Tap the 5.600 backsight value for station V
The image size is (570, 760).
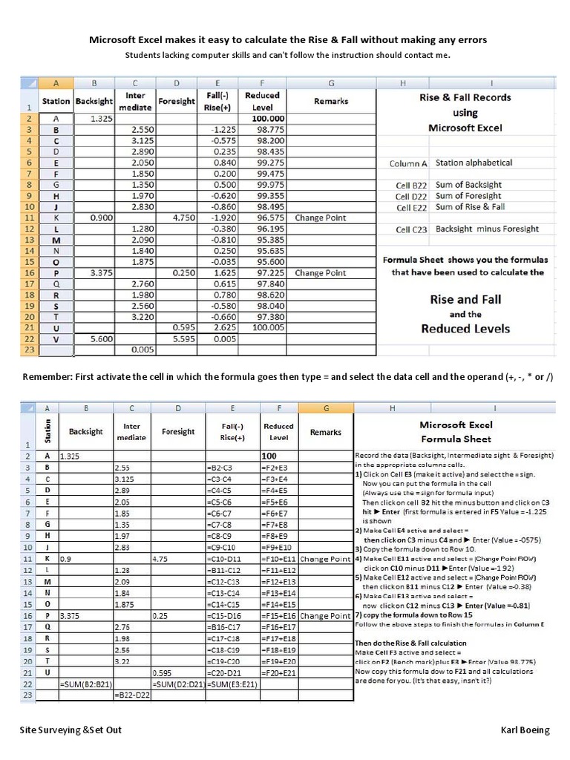(101, 338)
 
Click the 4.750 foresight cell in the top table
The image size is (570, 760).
(183, 218)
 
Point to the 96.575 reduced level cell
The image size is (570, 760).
(269, 218)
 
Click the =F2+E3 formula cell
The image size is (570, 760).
(278, 468)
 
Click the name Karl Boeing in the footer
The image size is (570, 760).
(525, 730)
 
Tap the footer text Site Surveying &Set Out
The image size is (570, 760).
(71, 730)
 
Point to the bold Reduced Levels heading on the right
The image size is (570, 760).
(465, 329)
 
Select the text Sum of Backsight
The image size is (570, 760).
(468, 185)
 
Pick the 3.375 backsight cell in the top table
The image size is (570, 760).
(101, 272)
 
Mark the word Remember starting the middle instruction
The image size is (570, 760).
(45, 377)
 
